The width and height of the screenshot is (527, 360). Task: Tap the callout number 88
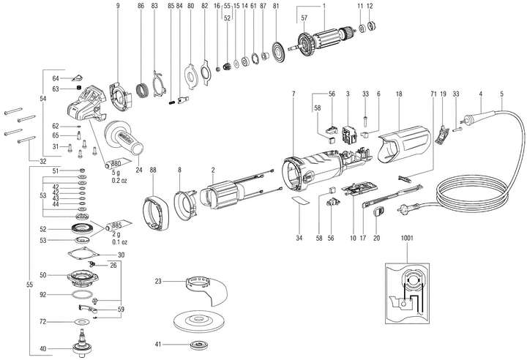[152, 170]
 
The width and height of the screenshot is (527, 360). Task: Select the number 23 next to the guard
[158, 281]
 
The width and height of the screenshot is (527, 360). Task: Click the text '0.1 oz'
[119, 241]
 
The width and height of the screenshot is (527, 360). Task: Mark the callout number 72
[42, 321]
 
